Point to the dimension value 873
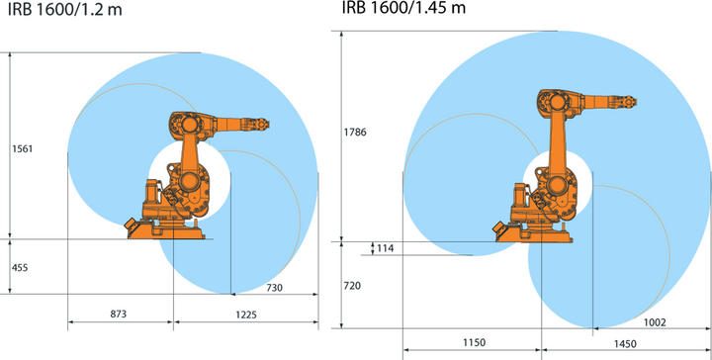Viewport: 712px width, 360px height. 120,313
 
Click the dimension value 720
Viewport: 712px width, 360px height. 352,284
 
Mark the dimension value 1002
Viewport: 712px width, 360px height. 654,321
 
